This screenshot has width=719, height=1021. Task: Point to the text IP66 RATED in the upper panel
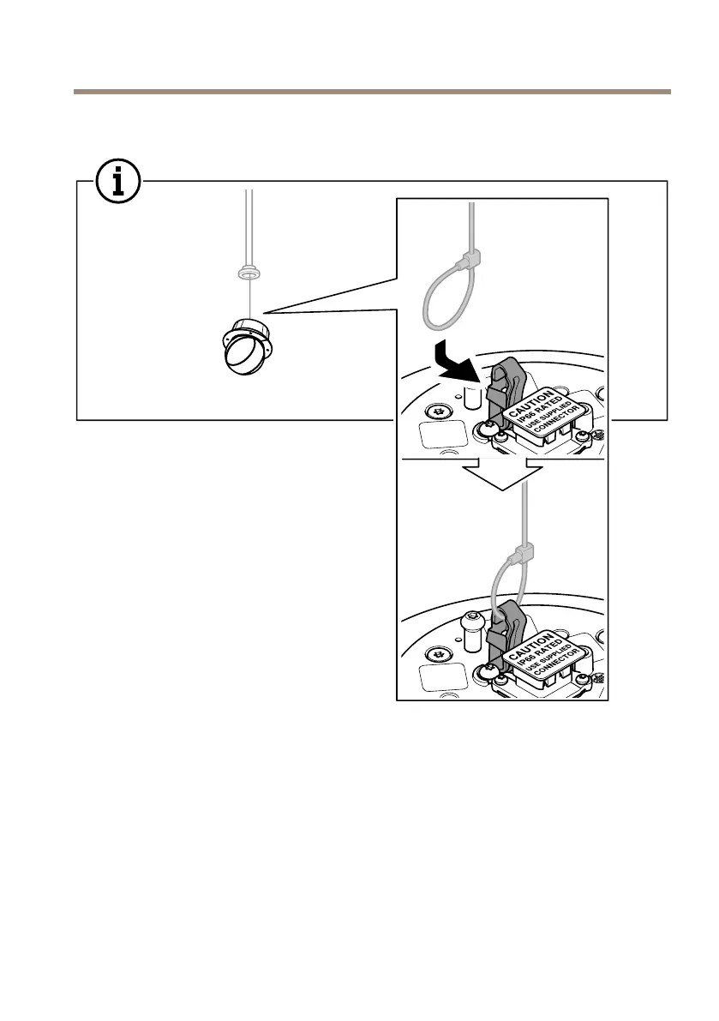pos(543,410)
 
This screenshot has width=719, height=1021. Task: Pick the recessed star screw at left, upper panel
pos(441,410)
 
